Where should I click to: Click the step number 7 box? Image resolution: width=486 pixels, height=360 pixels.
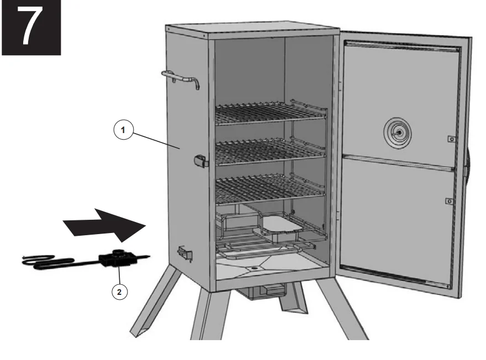click(x=30, y=27)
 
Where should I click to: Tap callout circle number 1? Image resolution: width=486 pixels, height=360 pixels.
click(x=124, y=130)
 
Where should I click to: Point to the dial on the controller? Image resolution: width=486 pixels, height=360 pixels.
click(x=117, y=255)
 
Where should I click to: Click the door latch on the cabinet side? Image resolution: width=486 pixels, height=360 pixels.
click(x=200, y=161)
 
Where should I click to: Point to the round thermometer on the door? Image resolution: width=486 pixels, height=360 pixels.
click(x=398, y=132)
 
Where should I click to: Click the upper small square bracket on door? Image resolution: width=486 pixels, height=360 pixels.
click(x=451, y=139)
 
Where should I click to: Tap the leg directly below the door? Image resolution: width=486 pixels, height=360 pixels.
click(x=345, y=315)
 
